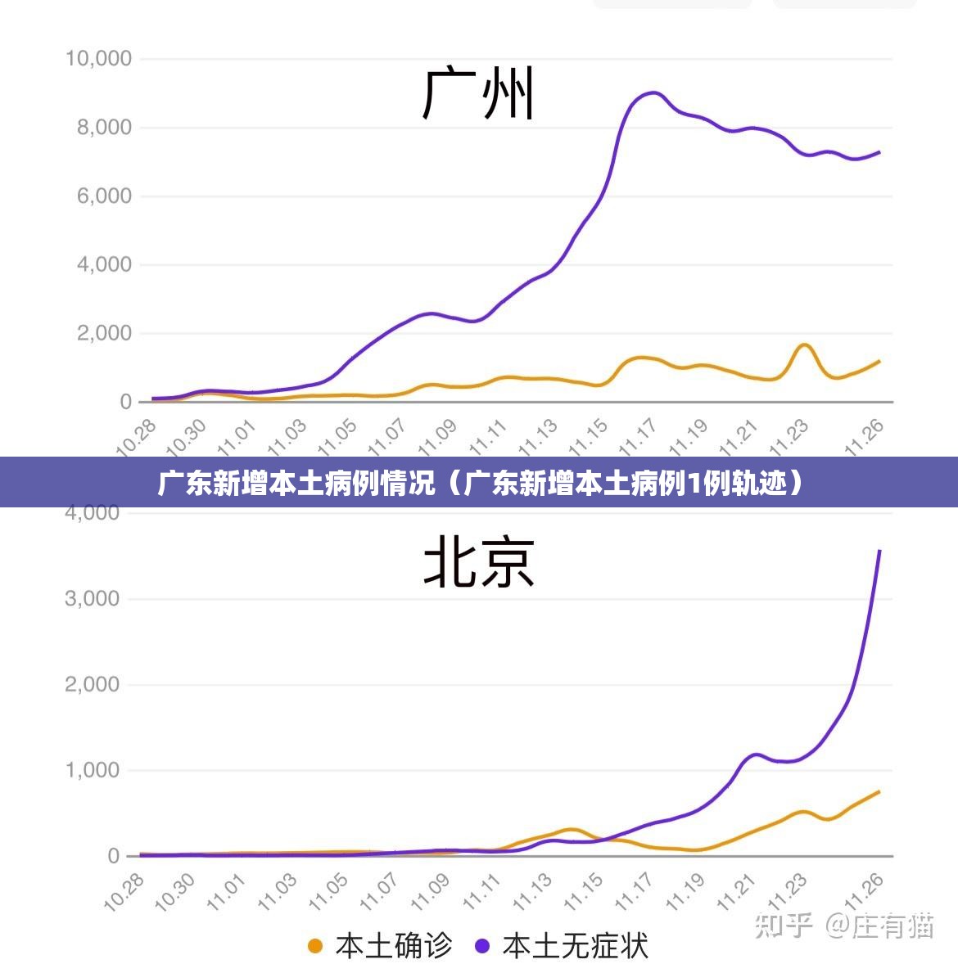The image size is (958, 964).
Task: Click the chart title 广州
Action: coord(479,94)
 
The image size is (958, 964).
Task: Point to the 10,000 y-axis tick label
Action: coord(98,59)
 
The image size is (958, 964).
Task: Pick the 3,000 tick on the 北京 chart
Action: coord(92,599)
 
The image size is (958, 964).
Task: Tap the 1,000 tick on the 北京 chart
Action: coord(92,770)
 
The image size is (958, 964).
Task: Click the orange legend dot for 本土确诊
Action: coord(315,946)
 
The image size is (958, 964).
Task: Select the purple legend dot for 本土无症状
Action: coord(482,946)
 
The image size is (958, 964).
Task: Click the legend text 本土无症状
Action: coord(575,946)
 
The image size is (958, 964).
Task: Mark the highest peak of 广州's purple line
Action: coord(653,92)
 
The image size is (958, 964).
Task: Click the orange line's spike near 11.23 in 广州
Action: coord(804,345)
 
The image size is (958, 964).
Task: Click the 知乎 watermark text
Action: coord(784,926)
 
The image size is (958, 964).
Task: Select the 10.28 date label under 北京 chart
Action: coord(124,892)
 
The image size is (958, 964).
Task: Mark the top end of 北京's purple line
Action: coord(879,551)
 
